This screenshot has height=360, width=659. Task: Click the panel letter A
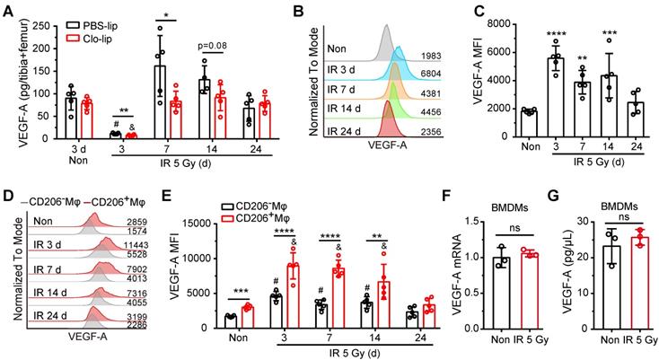pos(8,10)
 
